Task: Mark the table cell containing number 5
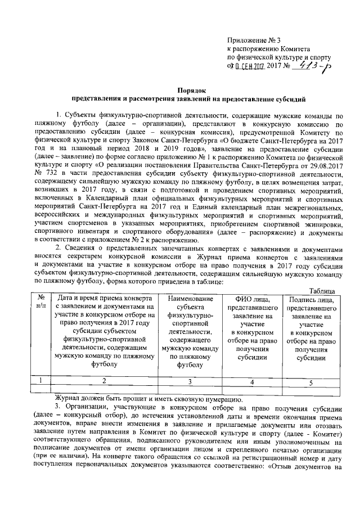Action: click(310, 382)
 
